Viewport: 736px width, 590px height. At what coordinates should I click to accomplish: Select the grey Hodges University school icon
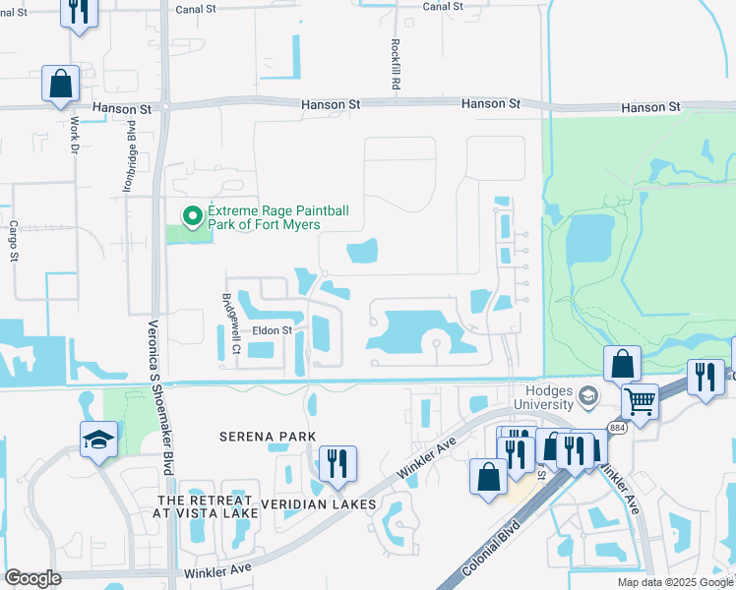point(588,397)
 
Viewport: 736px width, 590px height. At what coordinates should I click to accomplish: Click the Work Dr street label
point(75,135)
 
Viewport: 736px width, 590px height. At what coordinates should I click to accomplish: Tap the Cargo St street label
point(14,240)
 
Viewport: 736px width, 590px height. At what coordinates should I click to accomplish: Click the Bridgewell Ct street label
point(232,323)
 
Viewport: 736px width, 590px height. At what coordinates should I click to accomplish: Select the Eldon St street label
point(273,331)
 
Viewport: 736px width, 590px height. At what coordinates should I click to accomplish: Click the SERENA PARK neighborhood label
point(268,436)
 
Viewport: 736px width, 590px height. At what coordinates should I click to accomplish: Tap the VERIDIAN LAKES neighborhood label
point(318,504)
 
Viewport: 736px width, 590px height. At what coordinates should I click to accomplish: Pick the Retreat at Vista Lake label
point(206,507)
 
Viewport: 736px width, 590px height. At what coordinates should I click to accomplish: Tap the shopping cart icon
point(641,399)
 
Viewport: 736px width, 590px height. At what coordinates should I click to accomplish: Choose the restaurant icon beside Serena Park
point(337,463)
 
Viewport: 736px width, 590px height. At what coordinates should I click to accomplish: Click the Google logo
point(32,578)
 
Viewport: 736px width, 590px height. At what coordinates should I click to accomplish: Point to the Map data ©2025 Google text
point(674,582)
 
